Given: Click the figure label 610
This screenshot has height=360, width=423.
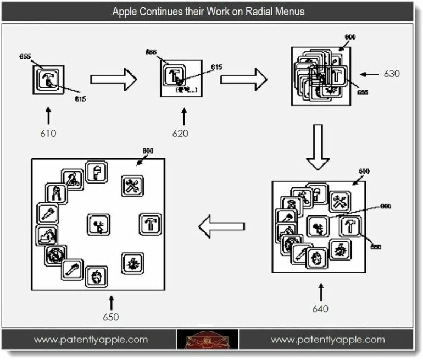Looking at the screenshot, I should click(x=48, y=133).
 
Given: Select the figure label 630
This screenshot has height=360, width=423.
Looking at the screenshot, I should click(x=392, y=74).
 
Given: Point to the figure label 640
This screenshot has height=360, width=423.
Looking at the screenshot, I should click(x=320, y=308).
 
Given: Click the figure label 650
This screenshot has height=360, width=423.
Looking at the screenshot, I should click(x=110, y=317).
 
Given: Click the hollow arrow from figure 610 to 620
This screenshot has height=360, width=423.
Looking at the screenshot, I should click(x=113, y=79).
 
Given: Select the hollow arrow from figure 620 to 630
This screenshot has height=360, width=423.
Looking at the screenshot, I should click(x=243, y=79).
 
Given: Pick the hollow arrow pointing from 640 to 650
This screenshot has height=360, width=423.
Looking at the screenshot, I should click(x=221, y=226).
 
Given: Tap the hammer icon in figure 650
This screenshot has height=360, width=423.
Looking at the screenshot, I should click(x=149, y=223).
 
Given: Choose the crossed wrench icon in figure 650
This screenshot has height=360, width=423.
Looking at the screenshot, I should click(x=132, y=186).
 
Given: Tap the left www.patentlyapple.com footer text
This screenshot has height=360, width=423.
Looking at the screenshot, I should click(x=91, y=339).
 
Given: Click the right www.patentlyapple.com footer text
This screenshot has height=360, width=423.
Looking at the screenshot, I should click(x=328, y=339).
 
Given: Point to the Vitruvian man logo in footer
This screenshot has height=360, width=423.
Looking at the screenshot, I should click(x=208, y=341).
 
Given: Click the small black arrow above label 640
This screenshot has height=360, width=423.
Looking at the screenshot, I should click(x=321, y=292).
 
